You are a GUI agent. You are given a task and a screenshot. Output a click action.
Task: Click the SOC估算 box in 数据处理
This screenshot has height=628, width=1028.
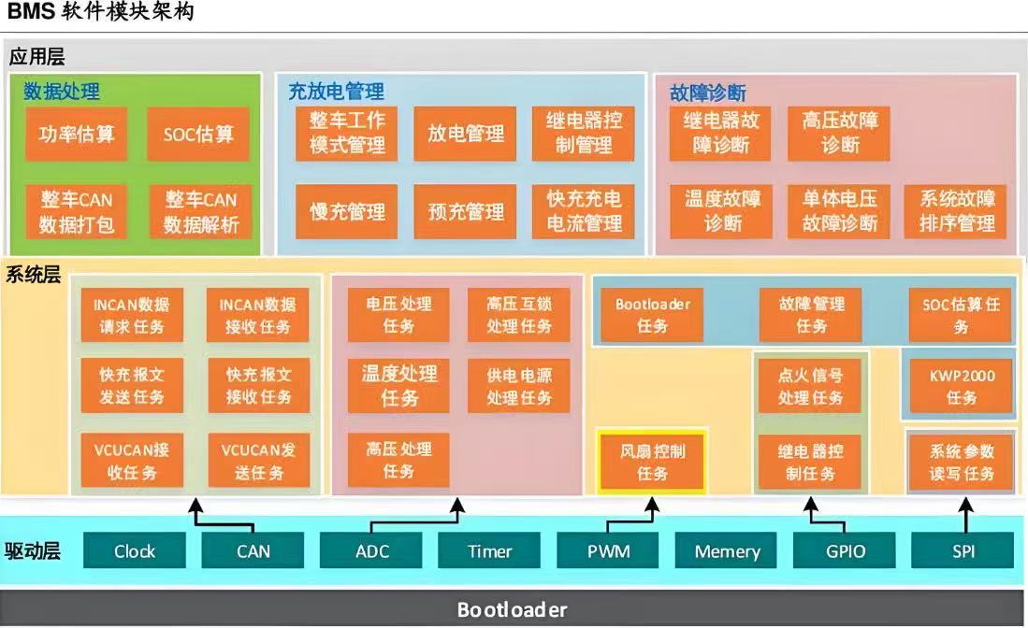tap(198, 135)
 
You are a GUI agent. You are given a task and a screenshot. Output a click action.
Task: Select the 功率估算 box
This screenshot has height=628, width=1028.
tap(77, 135)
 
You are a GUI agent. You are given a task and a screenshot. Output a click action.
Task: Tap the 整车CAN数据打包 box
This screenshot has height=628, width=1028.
tap(77, 212)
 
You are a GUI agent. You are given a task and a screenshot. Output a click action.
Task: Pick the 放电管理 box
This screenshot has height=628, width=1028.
tap(465, 135)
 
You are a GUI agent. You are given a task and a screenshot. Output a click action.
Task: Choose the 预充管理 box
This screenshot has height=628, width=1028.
tap(465, 212)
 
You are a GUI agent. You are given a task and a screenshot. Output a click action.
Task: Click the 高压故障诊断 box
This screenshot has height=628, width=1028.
tap(840, 132)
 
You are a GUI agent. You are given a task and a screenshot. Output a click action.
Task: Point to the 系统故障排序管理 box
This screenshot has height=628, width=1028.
tap(957, 212)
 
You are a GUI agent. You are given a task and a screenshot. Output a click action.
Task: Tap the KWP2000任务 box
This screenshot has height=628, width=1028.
tap(961, 386)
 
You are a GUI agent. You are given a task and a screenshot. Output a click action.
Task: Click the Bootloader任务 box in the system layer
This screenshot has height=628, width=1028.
tap(653, 315)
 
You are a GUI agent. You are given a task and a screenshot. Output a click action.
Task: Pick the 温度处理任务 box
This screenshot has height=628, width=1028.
tap(398, 385)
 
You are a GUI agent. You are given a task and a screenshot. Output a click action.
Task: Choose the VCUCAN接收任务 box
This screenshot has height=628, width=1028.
tap(132, 461)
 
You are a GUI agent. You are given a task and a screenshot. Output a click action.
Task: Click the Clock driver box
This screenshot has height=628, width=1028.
tap(135, 550)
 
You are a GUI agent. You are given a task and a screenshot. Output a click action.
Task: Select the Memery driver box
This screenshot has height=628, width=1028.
tap(728, 550)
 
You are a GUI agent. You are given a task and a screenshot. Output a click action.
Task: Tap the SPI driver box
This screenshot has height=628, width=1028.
tap(963, 550)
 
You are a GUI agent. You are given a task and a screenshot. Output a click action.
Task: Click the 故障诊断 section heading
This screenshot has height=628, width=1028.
tap(708, 93)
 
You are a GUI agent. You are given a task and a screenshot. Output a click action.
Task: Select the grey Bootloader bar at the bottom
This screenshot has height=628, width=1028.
tap(512, 609)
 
